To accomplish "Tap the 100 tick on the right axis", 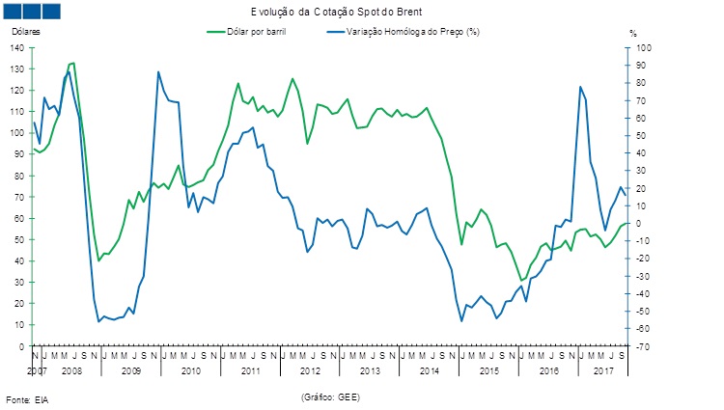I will pos(642,48).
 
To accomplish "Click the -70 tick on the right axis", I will pos(642,345).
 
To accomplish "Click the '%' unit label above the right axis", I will pos(633,33).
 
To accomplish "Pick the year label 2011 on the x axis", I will pos(251,370).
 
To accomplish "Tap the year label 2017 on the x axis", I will pos(604,370).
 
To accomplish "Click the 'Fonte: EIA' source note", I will pos(26,399).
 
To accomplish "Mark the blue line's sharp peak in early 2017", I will pos(580,87).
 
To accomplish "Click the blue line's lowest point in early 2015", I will pos(461,320).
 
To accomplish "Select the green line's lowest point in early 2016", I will pos(521,281).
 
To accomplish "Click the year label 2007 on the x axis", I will pos(35,370).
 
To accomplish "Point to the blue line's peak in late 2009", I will pos(158,71).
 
